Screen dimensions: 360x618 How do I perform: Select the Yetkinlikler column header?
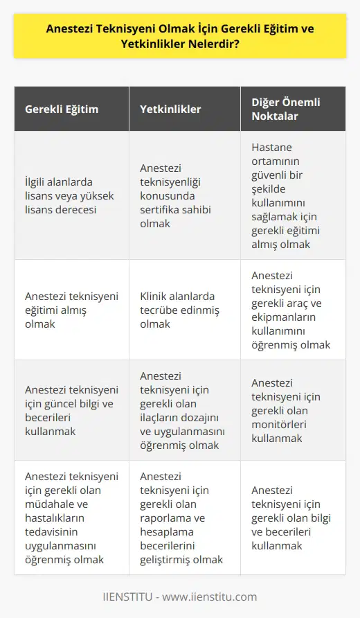(x=172, y=109)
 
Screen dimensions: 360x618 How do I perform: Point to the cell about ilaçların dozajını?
(x=184, y=410)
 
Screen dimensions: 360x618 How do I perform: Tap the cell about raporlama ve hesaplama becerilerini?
(x=184, y=516)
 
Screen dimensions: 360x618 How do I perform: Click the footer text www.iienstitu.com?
(x=215, y=597)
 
